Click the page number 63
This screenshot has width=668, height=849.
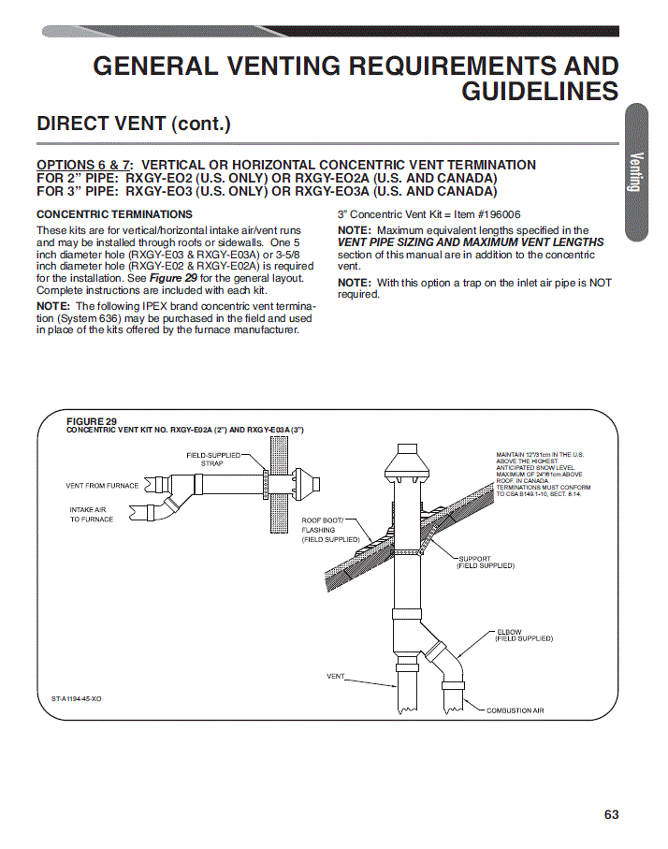(x=611, y=814)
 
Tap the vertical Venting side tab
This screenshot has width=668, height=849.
(x=636, y=172)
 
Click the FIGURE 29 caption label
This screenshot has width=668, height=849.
(x=92, y=421)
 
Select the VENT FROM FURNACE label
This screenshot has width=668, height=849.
(x=102, y=486)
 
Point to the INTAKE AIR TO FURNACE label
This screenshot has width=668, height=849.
(x=91, y=515)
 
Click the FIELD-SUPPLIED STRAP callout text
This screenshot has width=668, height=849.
(x=212, y=460)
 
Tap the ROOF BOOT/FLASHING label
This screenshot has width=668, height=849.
(x=330, y=530)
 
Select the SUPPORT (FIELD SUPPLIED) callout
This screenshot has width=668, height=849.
(x=486, y=562)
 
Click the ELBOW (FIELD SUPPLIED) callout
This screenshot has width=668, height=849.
(x=524, y=636)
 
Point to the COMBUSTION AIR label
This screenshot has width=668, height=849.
(x=515, y=710)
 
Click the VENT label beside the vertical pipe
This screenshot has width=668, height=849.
(x=335, y=676)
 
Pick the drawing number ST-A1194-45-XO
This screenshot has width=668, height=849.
(x=77, y=698)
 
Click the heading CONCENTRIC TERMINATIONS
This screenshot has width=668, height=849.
(x=115, y=214)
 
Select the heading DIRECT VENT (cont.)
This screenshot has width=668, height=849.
(x=134, y=124)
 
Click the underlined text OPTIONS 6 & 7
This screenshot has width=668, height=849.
(x=83, y=165)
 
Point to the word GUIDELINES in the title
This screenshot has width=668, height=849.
(x=540, y=91)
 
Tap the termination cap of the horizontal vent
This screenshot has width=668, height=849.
(x=308, y=484)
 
